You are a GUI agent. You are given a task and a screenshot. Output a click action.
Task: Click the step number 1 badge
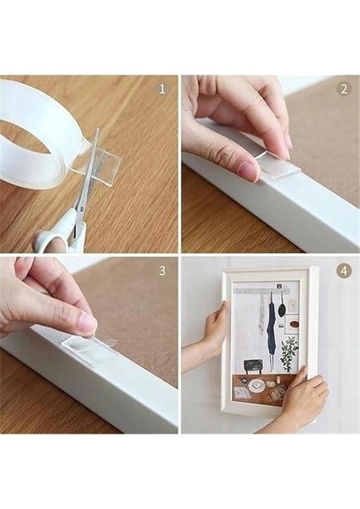[161, 88]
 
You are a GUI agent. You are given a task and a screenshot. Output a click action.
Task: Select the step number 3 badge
[161, 271]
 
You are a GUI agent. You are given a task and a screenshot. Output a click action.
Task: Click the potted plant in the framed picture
[289, 352]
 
